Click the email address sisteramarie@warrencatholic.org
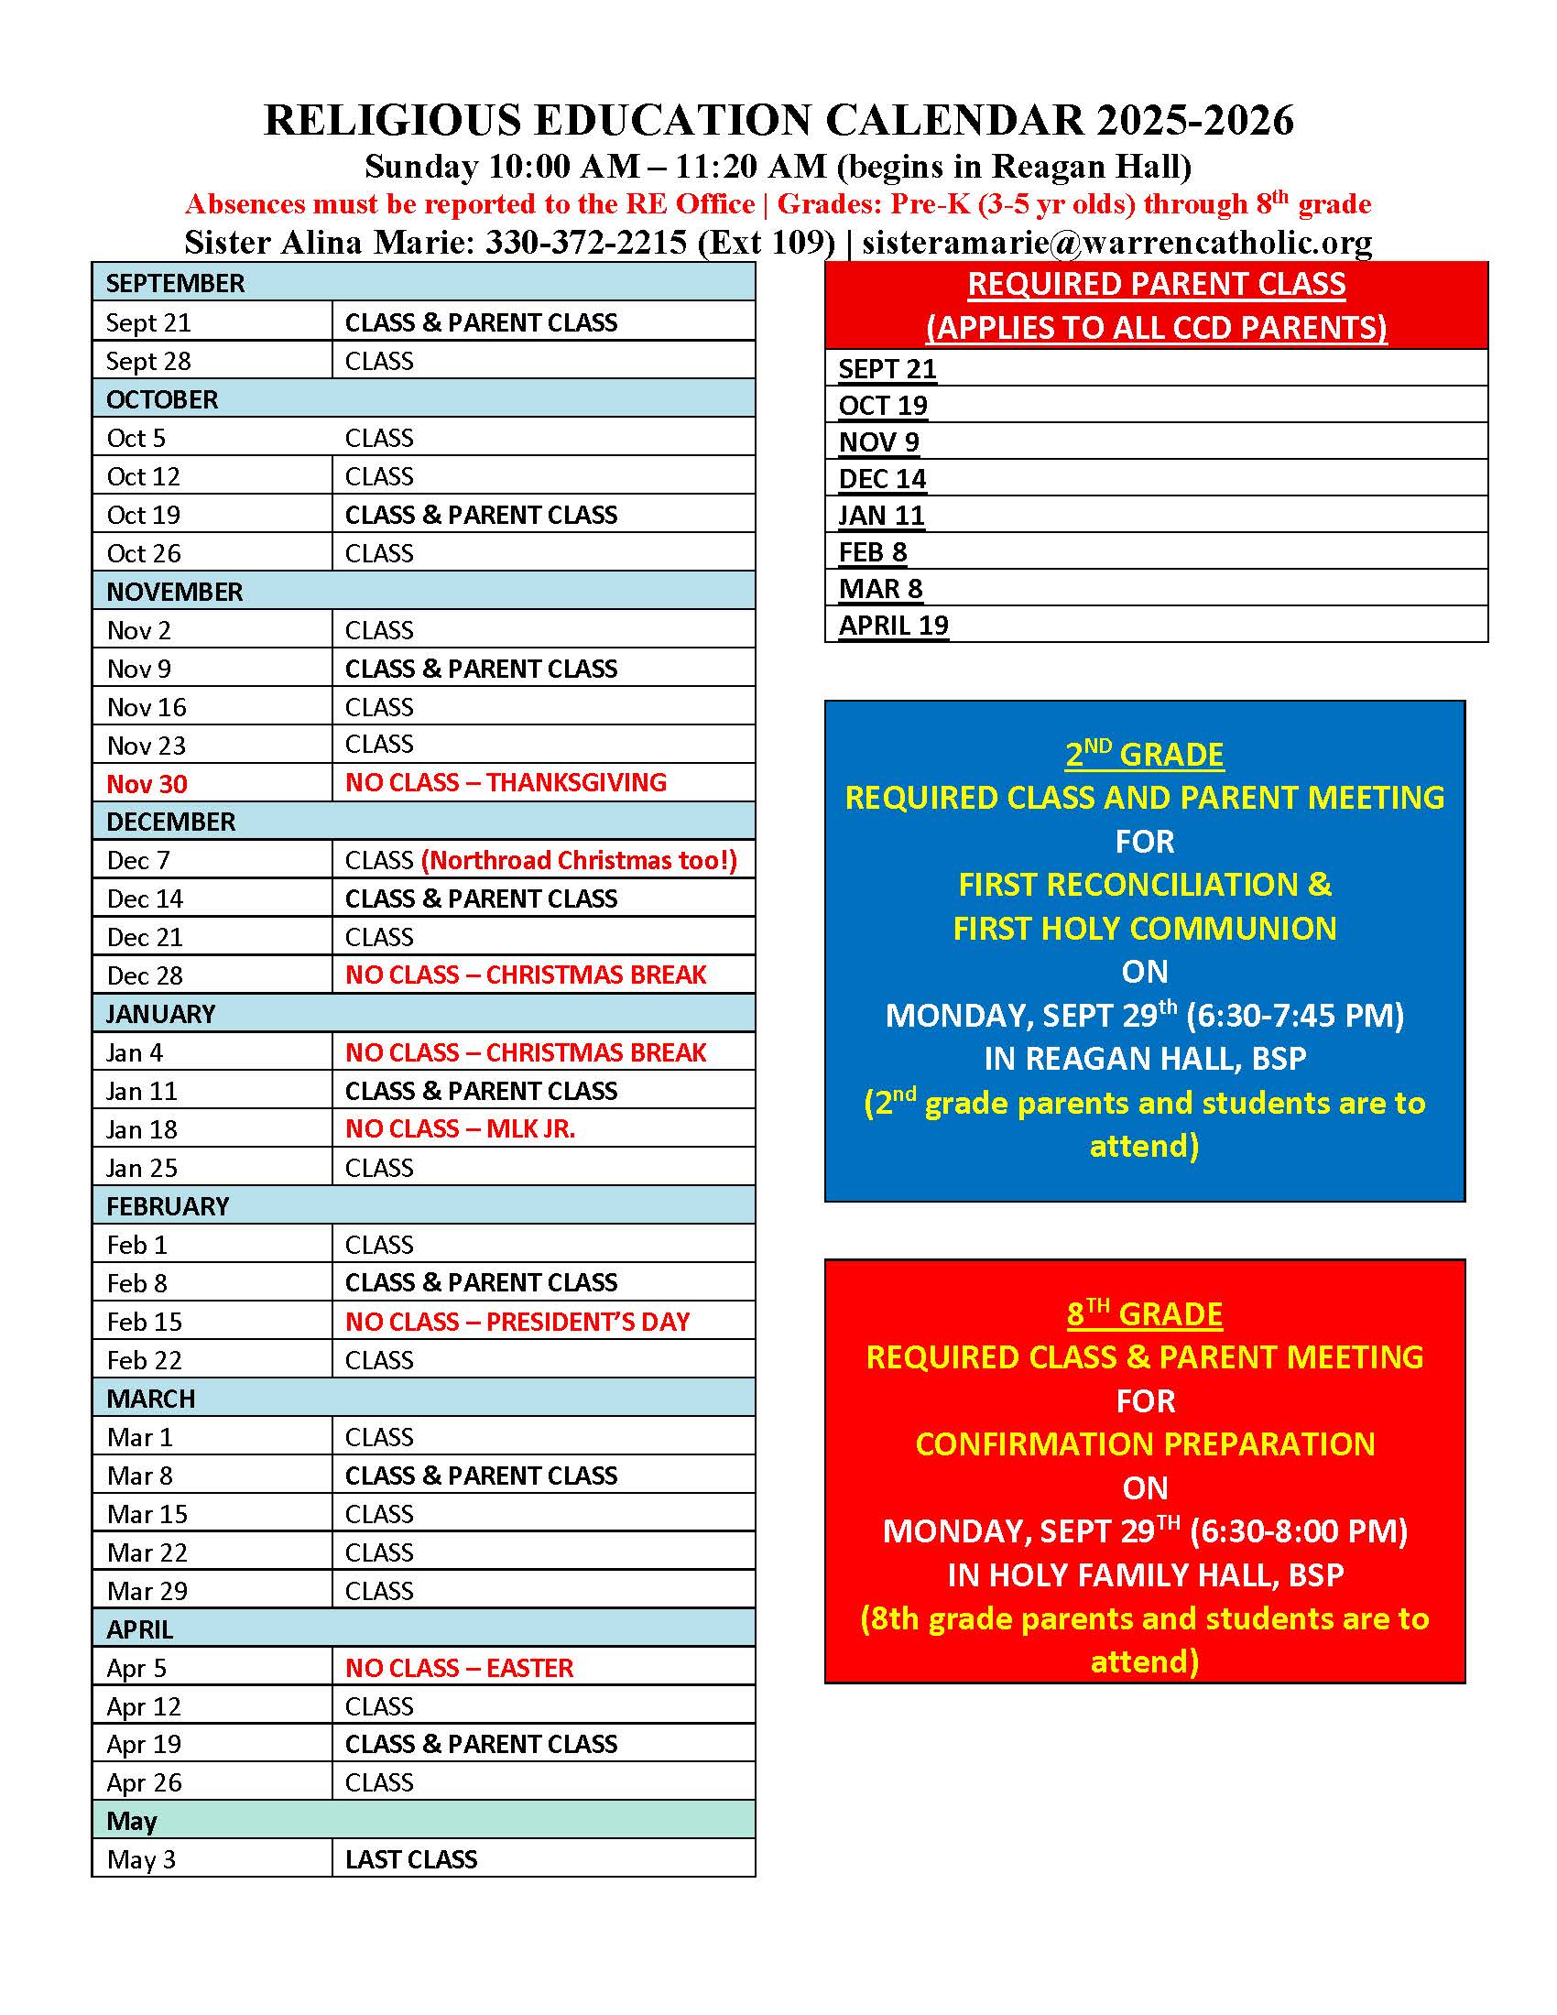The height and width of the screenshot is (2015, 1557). tap(1116, 242)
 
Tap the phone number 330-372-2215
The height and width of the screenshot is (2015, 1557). tap(586, 242)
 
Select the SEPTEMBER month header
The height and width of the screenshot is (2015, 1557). tap(175, 283)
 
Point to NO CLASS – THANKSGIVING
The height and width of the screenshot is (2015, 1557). tap(506, 782)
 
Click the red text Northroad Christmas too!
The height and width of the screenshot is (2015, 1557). tap(579, 860)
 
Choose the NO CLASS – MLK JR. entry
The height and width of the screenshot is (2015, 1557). tap(460, 1128)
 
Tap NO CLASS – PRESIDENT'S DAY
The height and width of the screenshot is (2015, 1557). tap(517, 1321)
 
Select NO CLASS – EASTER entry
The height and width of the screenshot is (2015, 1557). tap(459, 1667)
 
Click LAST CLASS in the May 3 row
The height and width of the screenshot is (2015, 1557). tap(410, 1859)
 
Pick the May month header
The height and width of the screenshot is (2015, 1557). tap(132, 1820)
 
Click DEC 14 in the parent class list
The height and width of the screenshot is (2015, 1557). tap(882, 479)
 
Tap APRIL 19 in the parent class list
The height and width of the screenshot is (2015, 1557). tap(893, 626)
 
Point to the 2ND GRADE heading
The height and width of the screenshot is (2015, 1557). tap(1144, 755)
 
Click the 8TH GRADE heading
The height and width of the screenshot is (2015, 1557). tap(1144, 1313)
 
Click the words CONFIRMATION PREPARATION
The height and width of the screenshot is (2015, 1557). tap(1145, 1443)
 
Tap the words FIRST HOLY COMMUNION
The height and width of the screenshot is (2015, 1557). tap(1144, 928)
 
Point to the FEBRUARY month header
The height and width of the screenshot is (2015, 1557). tap(167, 1206)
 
